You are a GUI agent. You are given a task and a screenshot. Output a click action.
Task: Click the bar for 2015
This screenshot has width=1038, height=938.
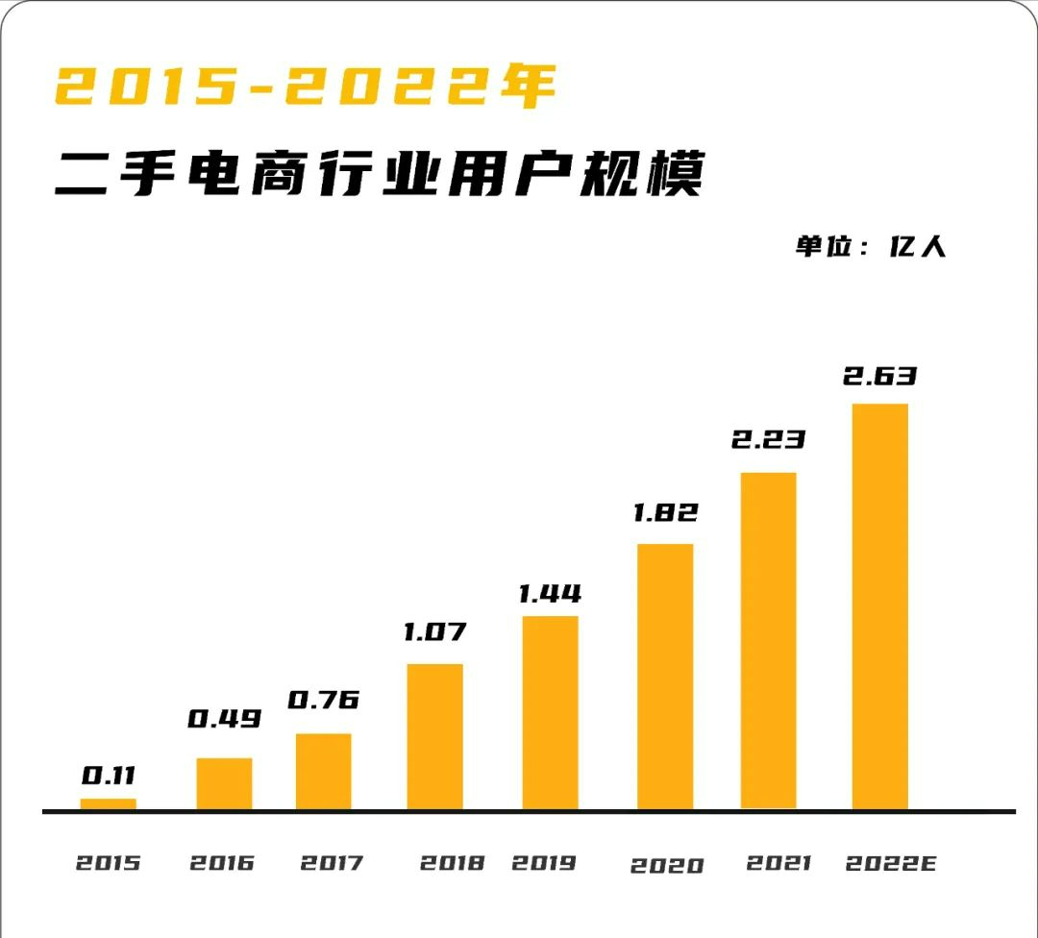(x=108, y=804)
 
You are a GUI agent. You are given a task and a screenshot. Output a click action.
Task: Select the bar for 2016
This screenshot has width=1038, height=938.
(x=224, y=784)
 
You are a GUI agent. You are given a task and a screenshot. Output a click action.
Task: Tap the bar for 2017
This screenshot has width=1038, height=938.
(x=323, y=772)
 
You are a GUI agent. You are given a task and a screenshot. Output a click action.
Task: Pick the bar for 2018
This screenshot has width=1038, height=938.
(x=434, y=737)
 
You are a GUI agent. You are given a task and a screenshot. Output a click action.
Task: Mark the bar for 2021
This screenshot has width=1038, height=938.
(x=768, y=641)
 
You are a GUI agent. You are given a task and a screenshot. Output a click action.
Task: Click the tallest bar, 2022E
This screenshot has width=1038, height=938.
(x=879, y=606)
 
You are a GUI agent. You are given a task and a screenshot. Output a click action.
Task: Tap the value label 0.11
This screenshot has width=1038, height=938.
(x=108, y=775)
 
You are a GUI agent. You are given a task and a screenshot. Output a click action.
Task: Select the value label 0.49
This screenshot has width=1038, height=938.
(x=224, y=718)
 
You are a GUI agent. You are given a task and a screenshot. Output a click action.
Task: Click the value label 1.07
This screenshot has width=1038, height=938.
(x=434, y=631)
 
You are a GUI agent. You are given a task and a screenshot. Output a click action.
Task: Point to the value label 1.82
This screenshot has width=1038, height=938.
(x=665, y=512)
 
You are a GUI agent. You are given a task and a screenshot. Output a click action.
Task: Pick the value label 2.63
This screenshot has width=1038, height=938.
(x=879, y=375)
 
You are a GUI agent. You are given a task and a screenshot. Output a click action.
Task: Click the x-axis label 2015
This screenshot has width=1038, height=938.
(x=108, y=863)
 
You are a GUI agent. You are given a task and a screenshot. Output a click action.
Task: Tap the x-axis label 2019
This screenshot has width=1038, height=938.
(x=543, y=863)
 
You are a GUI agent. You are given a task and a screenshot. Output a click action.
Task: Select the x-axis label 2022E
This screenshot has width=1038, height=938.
(x=890, y=863)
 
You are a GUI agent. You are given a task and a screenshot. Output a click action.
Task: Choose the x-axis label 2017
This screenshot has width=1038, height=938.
(x=332, y=863)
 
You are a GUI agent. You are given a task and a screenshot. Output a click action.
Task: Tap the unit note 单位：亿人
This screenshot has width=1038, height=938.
(x=871, y=246)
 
